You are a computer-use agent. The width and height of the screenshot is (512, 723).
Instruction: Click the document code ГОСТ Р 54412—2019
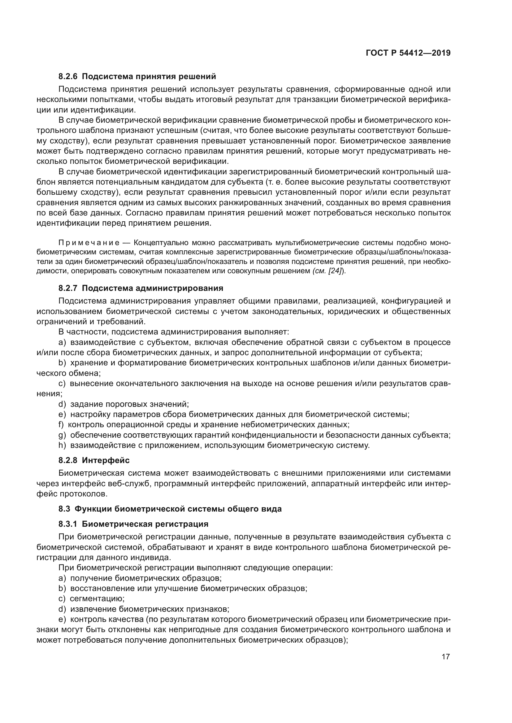pos(408,53)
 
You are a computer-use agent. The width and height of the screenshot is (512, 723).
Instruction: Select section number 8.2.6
pos(68,77)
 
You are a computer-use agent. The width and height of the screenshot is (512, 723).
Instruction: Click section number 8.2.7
pos(68,288)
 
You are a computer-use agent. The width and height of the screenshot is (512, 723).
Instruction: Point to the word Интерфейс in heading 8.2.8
pos(106,460)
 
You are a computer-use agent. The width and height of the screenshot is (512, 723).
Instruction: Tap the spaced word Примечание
pos(89,243)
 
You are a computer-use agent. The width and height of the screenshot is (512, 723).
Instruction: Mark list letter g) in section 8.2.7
pos(62,435)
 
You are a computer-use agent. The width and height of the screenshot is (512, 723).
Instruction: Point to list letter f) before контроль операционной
pos(61,424)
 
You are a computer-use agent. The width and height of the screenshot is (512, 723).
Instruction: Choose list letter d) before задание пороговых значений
pos(62,404)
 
